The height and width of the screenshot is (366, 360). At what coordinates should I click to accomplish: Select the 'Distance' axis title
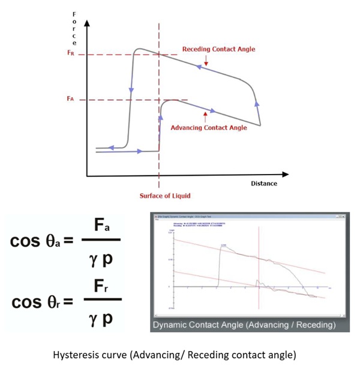(x=263, y=184)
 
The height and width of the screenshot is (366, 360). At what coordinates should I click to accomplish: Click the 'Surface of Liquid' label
(x=159, y=195)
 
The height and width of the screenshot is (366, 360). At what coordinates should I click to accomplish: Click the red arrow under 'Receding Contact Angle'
(x=206, y=61)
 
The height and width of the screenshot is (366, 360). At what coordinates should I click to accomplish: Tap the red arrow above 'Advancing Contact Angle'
(x=206, y=114)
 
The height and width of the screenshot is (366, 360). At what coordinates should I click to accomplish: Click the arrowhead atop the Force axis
(x=88, y=22)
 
